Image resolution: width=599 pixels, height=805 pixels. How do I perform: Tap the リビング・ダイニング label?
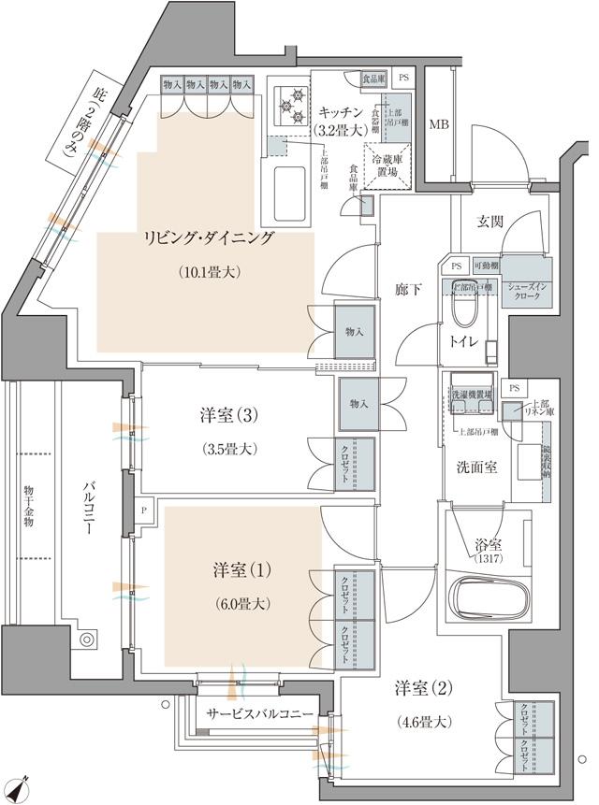click(209, 237)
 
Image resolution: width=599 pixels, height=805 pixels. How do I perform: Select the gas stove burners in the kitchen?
click(289, 106)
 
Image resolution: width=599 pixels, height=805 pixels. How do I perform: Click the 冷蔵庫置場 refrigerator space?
click(387, 165)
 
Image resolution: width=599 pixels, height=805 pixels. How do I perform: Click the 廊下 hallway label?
click(406, 290)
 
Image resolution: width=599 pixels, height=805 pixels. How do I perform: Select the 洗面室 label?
click(478, 465)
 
